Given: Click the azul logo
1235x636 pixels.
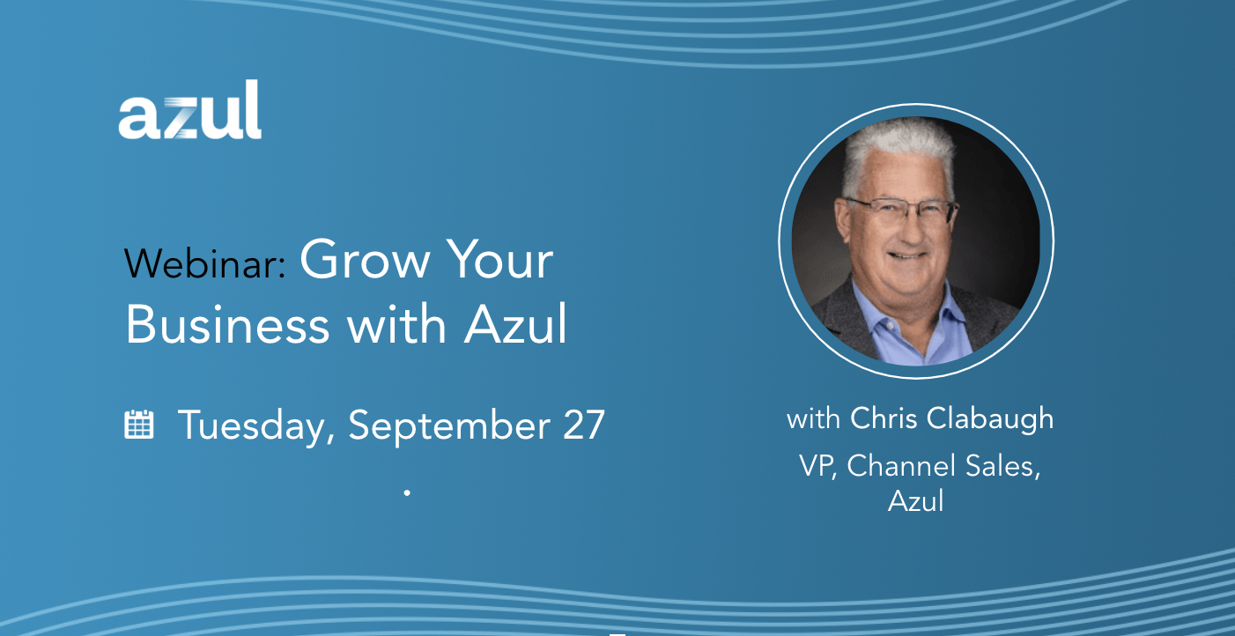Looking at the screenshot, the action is click(189, 110).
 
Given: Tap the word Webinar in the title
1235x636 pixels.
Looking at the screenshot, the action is click(204, 263).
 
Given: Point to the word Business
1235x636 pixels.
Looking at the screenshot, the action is click(227, 324).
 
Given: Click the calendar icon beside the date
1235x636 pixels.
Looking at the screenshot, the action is click(139, 425).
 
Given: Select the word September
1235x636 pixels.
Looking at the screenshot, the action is click(449, 426).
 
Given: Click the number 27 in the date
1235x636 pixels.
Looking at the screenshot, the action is click(584, 425).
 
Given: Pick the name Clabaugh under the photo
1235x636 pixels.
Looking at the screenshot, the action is click(990, 418).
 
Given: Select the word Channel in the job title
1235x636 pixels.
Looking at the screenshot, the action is click(901, 466).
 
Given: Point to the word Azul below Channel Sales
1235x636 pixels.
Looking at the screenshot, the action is click(916, 500).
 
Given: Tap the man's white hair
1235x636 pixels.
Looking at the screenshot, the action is click(899, 149).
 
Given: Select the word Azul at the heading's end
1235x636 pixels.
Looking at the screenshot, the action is click(515, 324).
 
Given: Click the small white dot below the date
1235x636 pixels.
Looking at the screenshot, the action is click(407, 492).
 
